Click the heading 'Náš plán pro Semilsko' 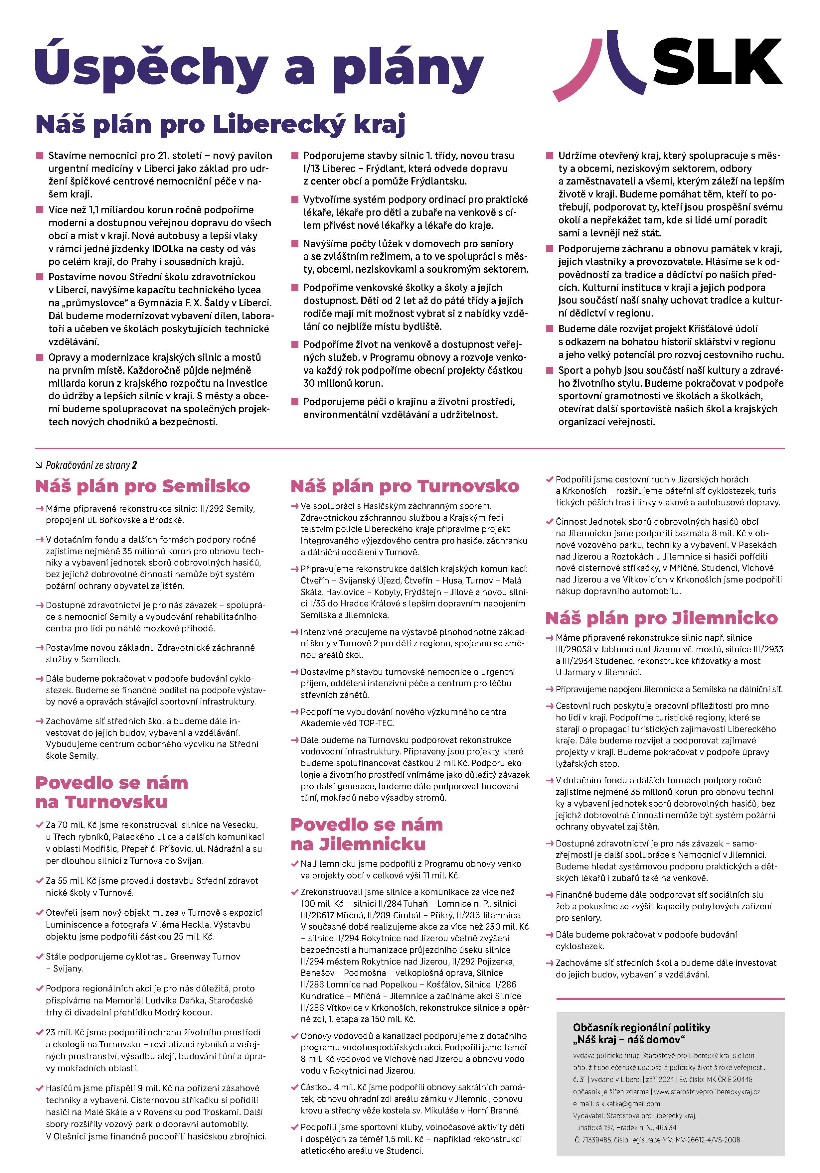point(143,486)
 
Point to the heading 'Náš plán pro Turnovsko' point(405,486)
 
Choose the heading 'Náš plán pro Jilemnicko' point(662,618)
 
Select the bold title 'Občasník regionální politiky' point(642,1027)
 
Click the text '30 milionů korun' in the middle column point(343,383)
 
